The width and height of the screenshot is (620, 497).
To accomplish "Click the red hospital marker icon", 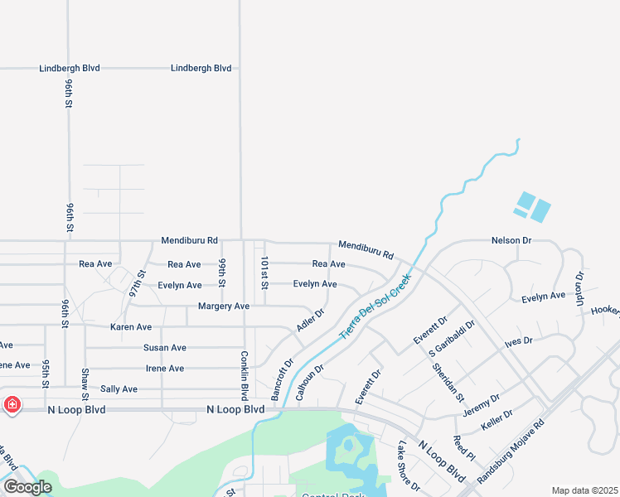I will click(x=12, y=405).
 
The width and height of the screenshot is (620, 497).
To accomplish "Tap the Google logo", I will click(x=27, y=487).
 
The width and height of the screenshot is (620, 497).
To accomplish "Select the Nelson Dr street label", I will click(x=511, y=240).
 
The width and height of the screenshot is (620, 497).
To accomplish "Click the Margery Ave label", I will click(x=224, y=306).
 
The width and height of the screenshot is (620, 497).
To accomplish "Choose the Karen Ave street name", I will click(x=131, y=327).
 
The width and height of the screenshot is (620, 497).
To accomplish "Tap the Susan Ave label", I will click(x=164, y=348).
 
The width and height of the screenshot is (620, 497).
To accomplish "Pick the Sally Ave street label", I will click(x=118, y=388).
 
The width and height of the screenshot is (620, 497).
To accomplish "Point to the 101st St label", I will click(x=264, y=273).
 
